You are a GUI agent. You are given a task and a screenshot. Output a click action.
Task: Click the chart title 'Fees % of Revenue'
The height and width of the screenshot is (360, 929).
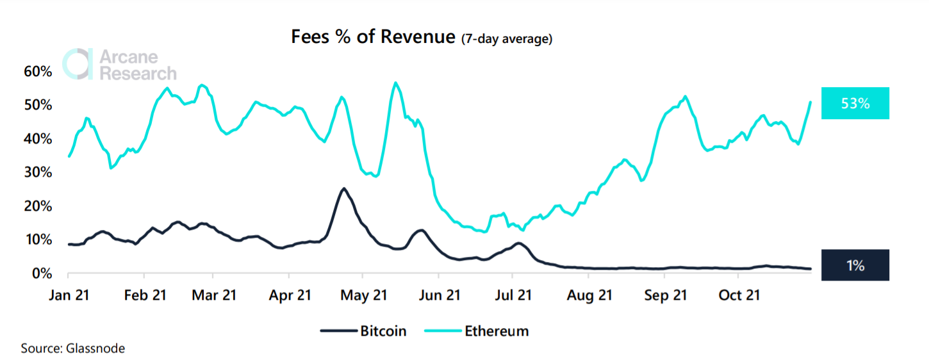[374, 37]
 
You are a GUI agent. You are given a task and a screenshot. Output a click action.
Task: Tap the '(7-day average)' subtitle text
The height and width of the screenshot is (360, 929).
[507, 39]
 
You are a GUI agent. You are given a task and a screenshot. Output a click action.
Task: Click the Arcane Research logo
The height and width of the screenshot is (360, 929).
[119, 64]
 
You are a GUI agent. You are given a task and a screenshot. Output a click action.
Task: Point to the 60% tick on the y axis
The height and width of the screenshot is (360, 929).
[38, 71]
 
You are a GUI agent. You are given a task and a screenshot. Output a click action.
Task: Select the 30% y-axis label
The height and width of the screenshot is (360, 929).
[38, 172]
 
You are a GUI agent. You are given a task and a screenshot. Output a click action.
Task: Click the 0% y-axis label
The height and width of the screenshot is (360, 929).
[41, 274]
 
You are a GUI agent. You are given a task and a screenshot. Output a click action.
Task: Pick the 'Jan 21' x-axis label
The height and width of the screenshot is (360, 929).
[69, 295]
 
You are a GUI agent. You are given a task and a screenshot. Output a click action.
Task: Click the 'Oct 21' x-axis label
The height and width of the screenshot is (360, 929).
[738, 295]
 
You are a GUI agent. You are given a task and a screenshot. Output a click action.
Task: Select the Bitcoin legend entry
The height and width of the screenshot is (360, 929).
[363, 331]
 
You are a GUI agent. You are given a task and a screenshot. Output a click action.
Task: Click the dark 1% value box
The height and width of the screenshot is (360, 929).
[855, 265]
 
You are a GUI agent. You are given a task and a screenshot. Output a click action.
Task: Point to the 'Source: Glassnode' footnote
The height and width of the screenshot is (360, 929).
[73, 348]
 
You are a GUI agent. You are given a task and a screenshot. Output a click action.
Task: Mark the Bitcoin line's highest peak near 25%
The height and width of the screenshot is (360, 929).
[344, 188]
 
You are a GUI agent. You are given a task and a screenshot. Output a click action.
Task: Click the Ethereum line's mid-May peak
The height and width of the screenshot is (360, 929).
[395, 83]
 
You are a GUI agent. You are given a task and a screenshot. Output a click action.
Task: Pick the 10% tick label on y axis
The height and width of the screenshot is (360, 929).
[38, 240]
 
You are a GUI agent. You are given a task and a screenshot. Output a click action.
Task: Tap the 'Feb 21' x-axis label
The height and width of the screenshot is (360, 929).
[144, 295]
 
